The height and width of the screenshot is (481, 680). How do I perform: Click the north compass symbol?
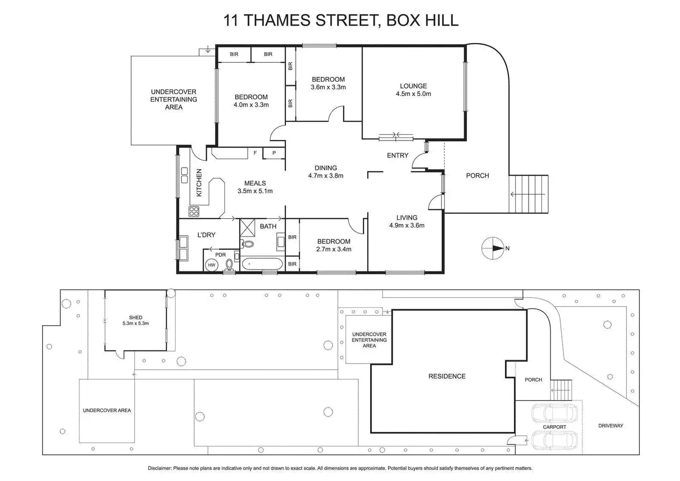(x=493, y=248)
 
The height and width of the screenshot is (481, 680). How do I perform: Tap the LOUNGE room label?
(x=413, y=86)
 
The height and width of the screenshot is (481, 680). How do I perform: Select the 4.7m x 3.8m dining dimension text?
(x=326, y=176)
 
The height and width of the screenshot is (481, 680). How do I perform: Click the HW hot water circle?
(x=212, y=265)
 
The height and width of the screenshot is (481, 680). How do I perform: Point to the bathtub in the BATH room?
(x=261, y=264)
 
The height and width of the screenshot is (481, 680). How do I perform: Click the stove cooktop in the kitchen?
(x=194, y=212)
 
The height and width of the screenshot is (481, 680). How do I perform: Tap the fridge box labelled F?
(x=255, y=153)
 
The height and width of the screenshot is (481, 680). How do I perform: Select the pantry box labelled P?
(x=274, y=153)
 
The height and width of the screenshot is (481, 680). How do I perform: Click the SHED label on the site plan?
(x=135, y=317)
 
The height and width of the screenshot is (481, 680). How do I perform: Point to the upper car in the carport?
(x=554, y=413)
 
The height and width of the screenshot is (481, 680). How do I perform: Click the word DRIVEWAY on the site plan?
(x=610, y=426)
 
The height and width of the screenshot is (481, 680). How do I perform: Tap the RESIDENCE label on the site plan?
(x=447, y=376)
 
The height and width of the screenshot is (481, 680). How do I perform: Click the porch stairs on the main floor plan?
(x=528, y=194)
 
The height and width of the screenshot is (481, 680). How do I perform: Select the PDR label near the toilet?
(x=220, y=255)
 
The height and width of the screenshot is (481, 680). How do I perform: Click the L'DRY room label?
(x=206, y=235)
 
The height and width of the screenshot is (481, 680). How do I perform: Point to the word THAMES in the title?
(x=274, y=20)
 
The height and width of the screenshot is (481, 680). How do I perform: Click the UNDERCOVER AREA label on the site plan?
(x=107, y=410)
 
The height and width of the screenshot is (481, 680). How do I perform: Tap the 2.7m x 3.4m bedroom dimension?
(x=334, y=249)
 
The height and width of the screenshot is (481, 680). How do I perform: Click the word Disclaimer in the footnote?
(x=159, y=468)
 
